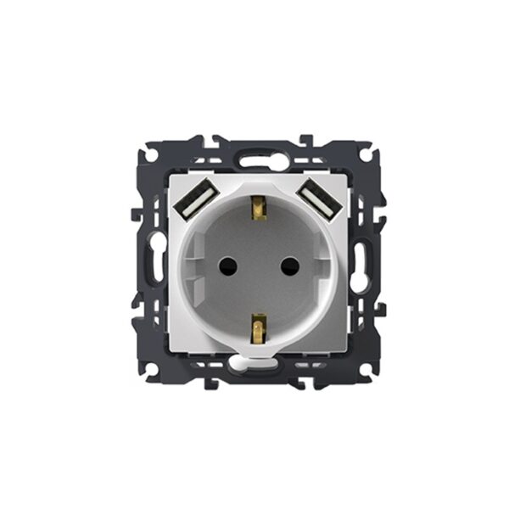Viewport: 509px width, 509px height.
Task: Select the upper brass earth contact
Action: click(255, 206)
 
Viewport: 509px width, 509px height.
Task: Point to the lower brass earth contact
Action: click(255, 323)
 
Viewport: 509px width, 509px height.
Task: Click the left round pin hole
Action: click(227, 265)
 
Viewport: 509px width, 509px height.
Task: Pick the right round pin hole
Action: click(284, 265)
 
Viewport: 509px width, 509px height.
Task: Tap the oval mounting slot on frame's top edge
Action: click(255, 158)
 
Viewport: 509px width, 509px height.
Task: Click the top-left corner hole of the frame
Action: click(148, 155)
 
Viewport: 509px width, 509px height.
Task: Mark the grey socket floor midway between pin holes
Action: click(255, 265)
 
